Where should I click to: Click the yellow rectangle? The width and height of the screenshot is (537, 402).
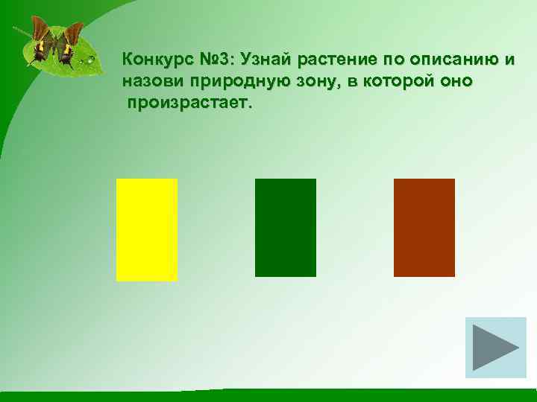[x=147, y=229]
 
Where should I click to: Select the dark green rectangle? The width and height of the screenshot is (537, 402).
[x=286, y=228]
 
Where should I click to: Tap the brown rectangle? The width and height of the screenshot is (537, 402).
[x=424, y=228]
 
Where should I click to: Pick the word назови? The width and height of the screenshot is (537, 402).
[x=152, y=81]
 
